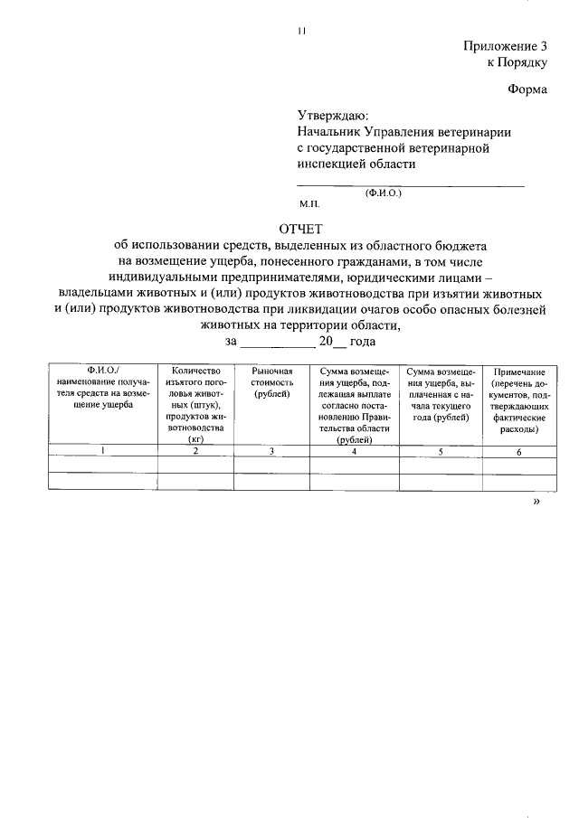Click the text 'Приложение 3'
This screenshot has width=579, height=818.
(x=506, y=46)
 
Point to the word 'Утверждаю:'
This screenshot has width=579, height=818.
(x=333, y=116)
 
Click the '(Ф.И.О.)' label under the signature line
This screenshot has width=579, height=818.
(x=384, y=193)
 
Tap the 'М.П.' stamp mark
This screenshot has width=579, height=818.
(x=309, y=205)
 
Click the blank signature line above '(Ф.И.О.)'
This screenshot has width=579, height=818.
(x=411, y=185)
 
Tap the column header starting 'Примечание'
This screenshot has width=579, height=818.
(x=519, y=400)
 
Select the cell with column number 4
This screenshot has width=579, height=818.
(x=354, y=450)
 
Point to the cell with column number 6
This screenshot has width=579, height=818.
(x=519, y=450)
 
